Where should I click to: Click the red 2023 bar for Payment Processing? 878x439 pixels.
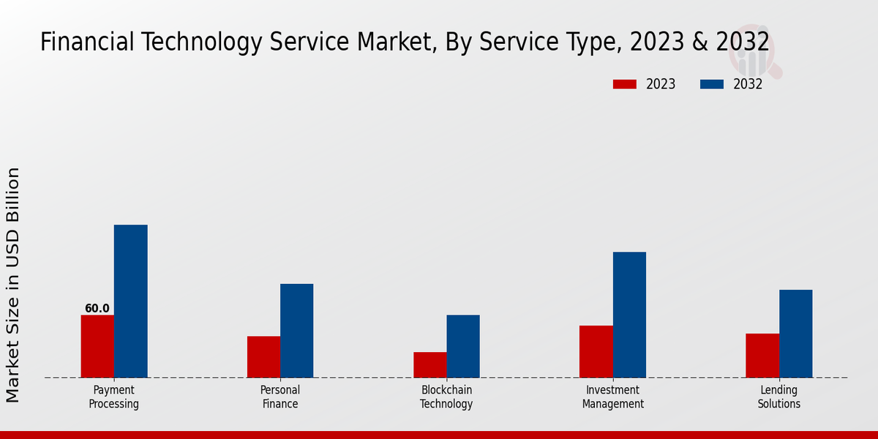97,346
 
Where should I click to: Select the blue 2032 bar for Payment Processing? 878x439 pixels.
131,301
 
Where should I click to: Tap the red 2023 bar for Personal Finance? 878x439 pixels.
263,357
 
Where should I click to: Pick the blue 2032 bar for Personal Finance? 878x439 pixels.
297,331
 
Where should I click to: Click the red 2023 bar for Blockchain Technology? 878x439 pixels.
430,365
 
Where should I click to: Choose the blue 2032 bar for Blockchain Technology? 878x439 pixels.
463,346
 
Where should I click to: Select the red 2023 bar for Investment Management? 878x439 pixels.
596,351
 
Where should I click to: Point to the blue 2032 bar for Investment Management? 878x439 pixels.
629,315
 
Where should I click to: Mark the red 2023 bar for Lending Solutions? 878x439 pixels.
762,356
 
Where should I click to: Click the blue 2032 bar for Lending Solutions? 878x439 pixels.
796,334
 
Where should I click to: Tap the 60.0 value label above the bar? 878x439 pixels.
97,309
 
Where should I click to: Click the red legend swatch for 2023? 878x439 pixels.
625,84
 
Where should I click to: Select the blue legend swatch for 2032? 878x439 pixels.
712,84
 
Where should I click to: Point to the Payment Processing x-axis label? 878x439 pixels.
114,397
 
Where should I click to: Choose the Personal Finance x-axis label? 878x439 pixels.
280,397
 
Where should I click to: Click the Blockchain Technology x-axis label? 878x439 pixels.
446,397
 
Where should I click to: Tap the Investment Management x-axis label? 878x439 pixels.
613,397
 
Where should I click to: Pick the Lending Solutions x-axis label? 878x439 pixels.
779,397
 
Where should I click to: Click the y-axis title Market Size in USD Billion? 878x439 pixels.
13,285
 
